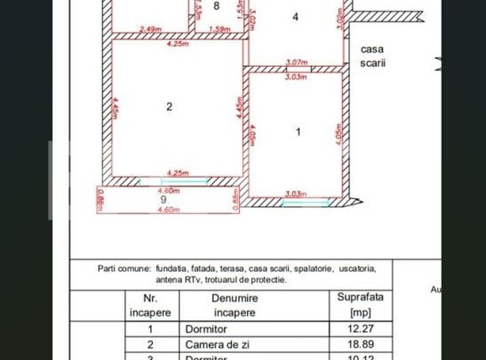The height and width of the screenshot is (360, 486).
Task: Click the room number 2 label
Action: pyautogui.click(x=170, y=107)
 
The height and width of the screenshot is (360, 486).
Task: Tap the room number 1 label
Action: pyautogui.click(x=298, y=132)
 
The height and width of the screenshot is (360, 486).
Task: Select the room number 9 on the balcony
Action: pyautogui.click(x=164, y=200)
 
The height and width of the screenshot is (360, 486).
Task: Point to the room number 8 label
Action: pyautogui.click(x=217, y=7)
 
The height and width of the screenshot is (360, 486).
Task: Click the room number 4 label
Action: pyautogui.click(x=295, y=17)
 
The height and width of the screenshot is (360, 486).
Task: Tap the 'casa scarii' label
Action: pyautogui.click(x=372, y=56)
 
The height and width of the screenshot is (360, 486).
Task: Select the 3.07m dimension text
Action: pyautogui.click(x=296, y=62)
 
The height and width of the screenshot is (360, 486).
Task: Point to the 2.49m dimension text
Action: pyautogui.click(x=151, y=29)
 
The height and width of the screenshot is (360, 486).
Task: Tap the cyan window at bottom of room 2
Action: pyautogui.click(x=185, y=180)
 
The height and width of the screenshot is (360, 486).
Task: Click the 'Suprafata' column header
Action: pyautogui.click(x=360, y=305)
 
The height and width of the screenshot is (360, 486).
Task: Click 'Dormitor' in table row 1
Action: pyautogui.click(x=206, y=330)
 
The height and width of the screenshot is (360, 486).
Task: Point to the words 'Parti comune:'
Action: pyautogui.click(x=124, y=269)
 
